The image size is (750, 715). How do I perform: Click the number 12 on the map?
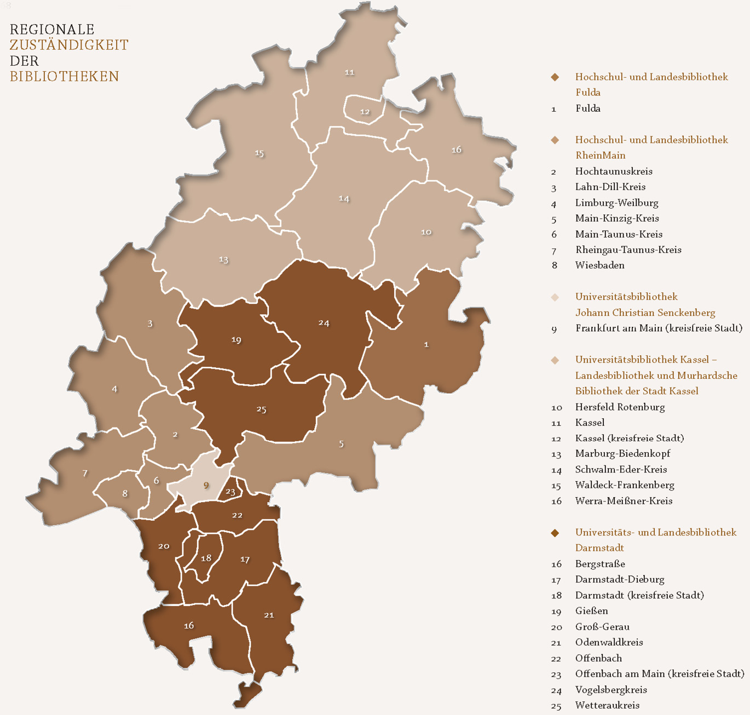(x=365, y=112)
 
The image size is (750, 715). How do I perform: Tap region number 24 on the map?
(x=324, y=323)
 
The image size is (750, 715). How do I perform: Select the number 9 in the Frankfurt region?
(x=206, y=485)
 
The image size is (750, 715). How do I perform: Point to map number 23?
(x=230, y=492)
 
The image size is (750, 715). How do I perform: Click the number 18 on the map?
(x=206, y=558)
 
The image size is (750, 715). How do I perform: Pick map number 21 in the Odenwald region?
(x=269, y=615)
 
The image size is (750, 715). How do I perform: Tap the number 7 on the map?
(x=85, y=473)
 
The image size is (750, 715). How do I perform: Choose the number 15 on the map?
(x=259, y=153)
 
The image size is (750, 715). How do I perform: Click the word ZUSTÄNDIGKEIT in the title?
(x=69, y=45)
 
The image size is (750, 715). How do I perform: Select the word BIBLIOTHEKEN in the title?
(x=65, y=76)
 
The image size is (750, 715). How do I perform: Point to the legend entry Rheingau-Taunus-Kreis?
(x=628, y=250)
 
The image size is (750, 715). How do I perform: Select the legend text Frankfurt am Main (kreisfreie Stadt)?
(x=659, y=328)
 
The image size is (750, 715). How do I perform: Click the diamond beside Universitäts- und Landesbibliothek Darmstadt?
(x=555, y=533)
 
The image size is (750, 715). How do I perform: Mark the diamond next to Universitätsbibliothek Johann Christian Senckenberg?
(x=555, y=297)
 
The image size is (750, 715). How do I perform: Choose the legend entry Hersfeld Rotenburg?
(x=620, y=407)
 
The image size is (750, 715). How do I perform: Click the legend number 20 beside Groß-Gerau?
(x=556, y=627)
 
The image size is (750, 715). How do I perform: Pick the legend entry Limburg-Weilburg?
(x=616, y=203)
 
